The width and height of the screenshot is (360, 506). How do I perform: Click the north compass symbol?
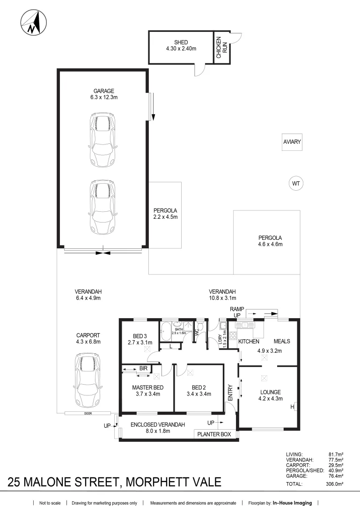[x=34, y=23]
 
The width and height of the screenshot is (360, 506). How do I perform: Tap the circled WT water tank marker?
[x=296, y=184]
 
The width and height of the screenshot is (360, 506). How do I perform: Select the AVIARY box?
[x=292, y=142]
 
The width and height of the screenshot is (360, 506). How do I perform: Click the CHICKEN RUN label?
[x=221, y=47]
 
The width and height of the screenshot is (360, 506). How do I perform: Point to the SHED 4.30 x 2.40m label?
[x=181, y=45]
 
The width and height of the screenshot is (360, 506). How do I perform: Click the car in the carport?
[x=88, y=380]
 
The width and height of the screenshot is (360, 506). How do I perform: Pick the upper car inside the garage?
[x=103, y=139]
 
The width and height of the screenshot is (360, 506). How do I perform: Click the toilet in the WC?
[x=200, y=327]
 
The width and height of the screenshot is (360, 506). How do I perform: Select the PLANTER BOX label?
[x=214, y=434]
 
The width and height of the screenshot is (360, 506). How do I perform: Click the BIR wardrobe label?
[x=144, y=368]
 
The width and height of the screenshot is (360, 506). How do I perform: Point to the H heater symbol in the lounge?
[x=293, y=407]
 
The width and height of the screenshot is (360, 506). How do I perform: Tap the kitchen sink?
[x=245, y=325]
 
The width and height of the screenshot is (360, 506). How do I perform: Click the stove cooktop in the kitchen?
[x=233, y=335]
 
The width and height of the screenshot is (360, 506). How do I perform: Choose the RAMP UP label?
[x=237, y=312]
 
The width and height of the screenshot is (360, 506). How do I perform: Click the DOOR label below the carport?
[x=88, y=413]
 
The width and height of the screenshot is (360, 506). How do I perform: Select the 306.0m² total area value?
[x=335, y=484]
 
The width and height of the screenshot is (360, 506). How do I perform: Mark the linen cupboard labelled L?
[x=170, y=347]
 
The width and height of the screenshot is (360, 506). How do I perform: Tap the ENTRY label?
[x=230, y=393]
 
